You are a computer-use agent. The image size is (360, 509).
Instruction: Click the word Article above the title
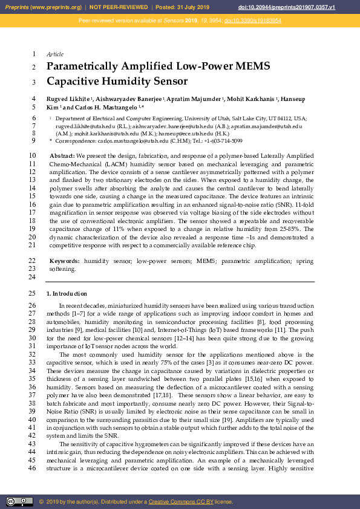pos(55,54)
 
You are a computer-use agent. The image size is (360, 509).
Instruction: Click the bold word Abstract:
pos(62,156)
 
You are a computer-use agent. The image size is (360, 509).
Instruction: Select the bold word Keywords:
pos(65,261)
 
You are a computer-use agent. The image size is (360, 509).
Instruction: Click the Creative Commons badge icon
pos(19,501)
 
